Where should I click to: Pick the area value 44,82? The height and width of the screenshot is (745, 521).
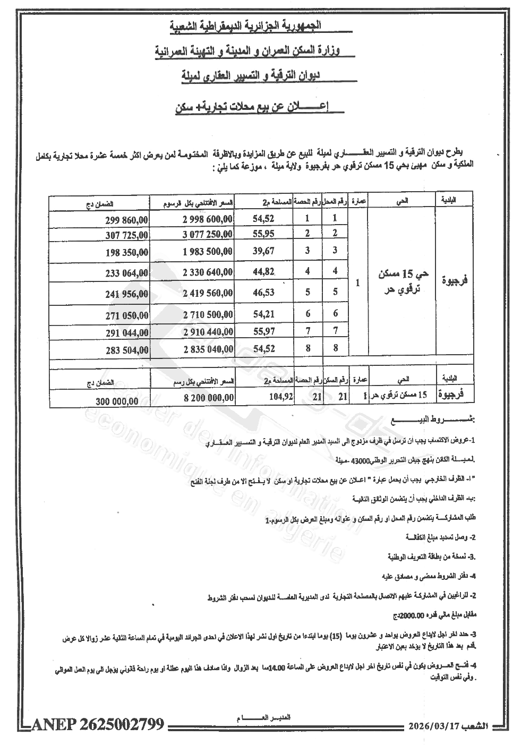pyautogui.click(x=263, y=272)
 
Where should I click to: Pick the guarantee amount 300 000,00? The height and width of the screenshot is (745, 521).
pyautogui.click(x=117, y=402)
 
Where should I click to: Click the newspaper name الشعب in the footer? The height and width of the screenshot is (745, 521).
pyautogui.click(x=476, y=726)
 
